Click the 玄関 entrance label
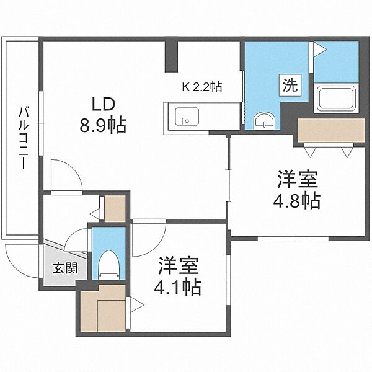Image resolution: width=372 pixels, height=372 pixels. click(65, 268)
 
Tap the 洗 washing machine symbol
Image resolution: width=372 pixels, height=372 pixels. click(290, 85)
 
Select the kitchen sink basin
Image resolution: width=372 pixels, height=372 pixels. click(187, 117)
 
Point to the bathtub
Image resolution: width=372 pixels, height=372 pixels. click(336, 97)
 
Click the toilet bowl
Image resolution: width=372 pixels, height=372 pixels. click(108, 264)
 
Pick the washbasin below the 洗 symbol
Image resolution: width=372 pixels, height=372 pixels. click(264, 122)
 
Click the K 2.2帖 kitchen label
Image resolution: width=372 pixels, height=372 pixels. click(202, 87)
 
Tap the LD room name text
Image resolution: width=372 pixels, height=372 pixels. click(104, 104)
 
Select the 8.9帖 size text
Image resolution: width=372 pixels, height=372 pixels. click(103, 125)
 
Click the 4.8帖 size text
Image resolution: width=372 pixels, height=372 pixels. click(297, 200)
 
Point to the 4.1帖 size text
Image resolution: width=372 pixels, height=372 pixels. click(178, 287)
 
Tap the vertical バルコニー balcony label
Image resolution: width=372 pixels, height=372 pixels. click(24, 138)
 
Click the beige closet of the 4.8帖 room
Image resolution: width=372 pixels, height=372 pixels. click(331, 130)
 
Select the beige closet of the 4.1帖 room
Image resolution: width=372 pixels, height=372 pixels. click(103, 308)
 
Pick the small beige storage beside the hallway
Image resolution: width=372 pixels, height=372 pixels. click(115, 208)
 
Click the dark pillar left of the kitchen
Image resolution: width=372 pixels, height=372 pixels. click(171, 56)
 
